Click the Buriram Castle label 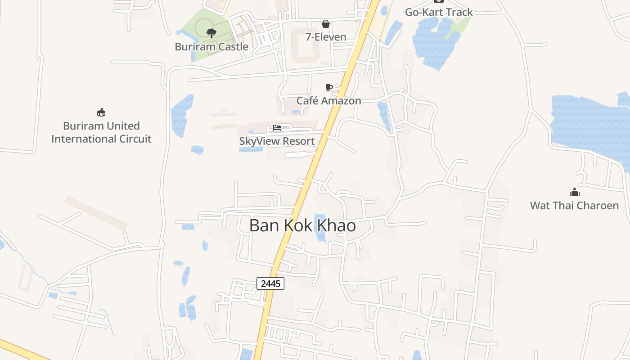[211, 47]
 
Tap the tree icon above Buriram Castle [211, 33]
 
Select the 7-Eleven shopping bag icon [326, 24]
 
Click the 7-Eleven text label [326, 37]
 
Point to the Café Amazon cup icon [329, 87]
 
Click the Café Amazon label [328, 100]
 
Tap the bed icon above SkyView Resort [277, 128]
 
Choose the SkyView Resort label [277, 141]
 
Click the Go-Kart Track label [439, 12]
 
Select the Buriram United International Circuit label [101, 132]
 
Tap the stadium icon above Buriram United [101, 112]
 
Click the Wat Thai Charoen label [574, 206]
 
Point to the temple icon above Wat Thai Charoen [574, 193]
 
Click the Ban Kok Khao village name [302, 225]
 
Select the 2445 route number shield [270, 283]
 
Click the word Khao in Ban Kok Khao [337, 225]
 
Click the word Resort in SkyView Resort [296, 141]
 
